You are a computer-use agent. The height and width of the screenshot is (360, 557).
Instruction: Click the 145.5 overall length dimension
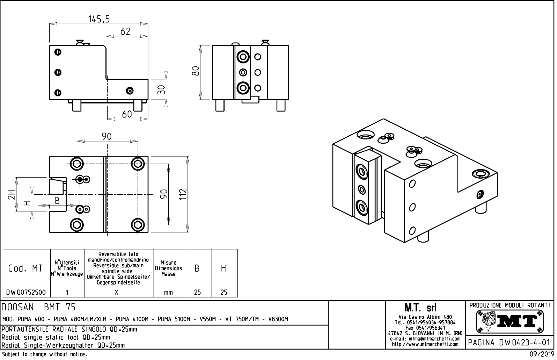99,19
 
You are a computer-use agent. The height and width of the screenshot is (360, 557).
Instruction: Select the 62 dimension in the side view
125,31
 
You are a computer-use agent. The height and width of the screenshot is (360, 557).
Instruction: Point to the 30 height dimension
161,89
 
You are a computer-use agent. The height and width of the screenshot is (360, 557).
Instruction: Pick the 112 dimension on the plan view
183,195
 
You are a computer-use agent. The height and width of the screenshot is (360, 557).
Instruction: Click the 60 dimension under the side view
127,114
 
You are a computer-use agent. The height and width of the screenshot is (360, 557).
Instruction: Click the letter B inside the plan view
57,201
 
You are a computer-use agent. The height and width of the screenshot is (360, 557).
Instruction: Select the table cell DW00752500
26,292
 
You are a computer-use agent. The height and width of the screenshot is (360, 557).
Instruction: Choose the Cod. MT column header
25,268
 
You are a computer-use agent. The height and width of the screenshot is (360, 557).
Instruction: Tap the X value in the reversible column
117,292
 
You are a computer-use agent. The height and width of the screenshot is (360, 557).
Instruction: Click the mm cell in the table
168,292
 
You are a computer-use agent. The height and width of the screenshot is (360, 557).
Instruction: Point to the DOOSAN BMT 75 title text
39,308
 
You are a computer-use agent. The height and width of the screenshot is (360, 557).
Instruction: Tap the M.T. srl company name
425,308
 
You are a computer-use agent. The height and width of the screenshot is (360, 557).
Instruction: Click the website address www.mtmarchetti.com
425,344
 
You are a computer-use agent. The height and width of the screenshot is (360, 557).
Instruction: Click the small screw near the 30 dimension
130,91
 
